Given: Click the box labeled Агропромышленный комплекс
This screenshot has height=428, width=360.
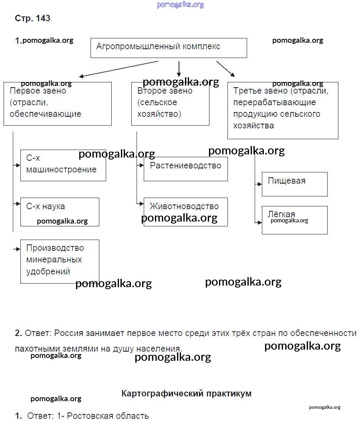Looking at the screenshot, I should [x=169, y=48].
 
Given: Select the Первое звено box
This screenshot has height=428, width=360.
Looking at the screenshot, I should [x=57, y=104].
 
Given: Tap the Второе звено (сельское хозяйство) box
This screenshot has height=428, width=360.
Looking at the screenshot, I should [x=170, y=104].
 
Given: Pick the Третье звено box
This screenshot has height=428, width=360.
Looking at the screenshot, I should [x=283, y=110].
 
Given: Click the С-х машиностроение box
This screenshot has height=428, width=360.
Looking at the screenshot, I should [x=63, y=165].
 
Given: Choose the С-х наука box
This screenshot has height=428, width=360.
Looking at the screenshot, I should [x=60, y=212].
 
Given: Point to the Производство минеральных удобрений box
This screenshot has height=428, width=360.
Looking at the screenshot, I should [x=60, y=261].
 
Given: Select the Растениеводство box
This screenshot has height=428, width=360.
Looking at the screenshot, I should [x=185, y=168].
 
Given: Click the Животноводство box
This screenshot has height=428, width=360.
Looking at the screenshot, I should [x=185, y=212].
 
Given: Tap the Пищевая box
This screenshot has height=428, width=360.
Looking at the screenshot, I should [x=294, y=184].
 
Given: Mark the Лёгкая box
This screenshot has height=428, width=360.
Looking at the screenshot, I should [x=294, y=220].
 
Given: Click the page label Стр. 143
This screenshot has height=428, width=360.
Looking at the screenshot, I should [x=32, y=18].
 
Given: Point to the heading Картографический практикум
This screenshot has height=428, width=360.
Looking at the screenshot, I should [x=186, y=393].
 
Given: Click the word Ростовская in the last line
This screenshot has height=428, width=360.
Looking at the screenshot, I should [x=90, y=416].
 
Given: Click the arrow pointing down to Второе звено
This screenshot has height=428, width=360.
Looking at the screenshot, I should [x=179, y=69].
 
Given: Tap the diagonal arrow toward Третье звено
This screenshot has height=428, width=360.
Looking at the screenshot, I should [x=225, y=68].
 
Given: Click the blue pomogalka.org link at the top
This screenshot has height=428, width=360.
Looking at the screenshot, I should [x=180, y=5].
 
